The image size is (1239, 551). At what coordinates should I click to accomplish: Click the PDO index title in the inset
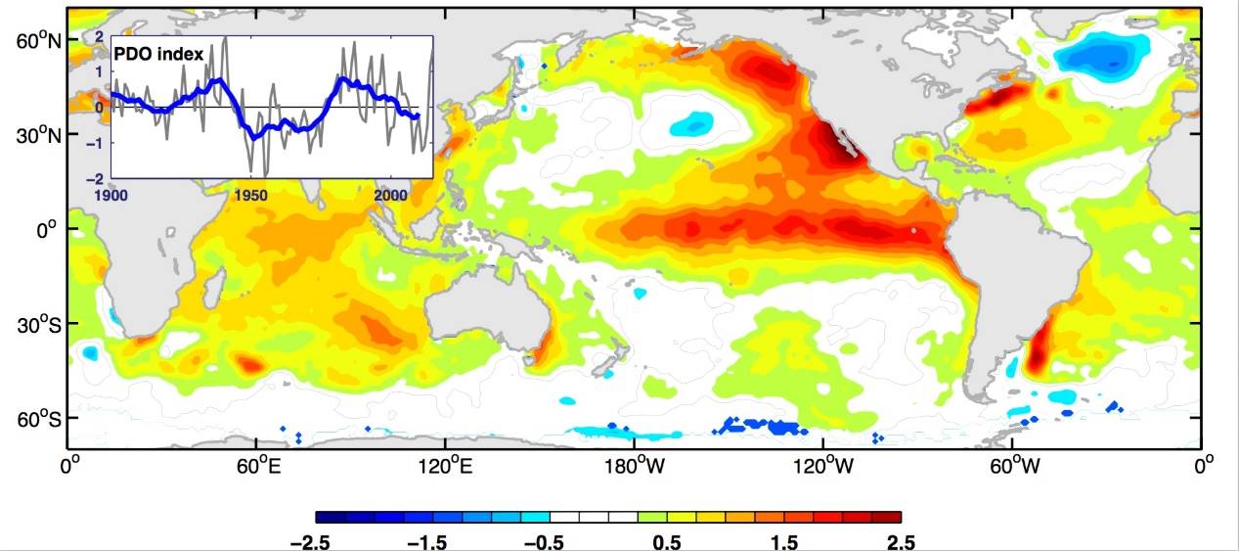point(159,56)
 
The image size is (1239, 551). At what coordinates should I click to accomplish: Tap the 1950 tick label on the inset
point(251,196)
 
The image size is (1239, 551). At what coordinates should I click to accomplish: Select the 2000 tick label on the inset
point(390,196)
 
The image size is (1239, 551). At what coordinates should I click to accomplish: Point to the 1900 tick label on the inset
point(114,196)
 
